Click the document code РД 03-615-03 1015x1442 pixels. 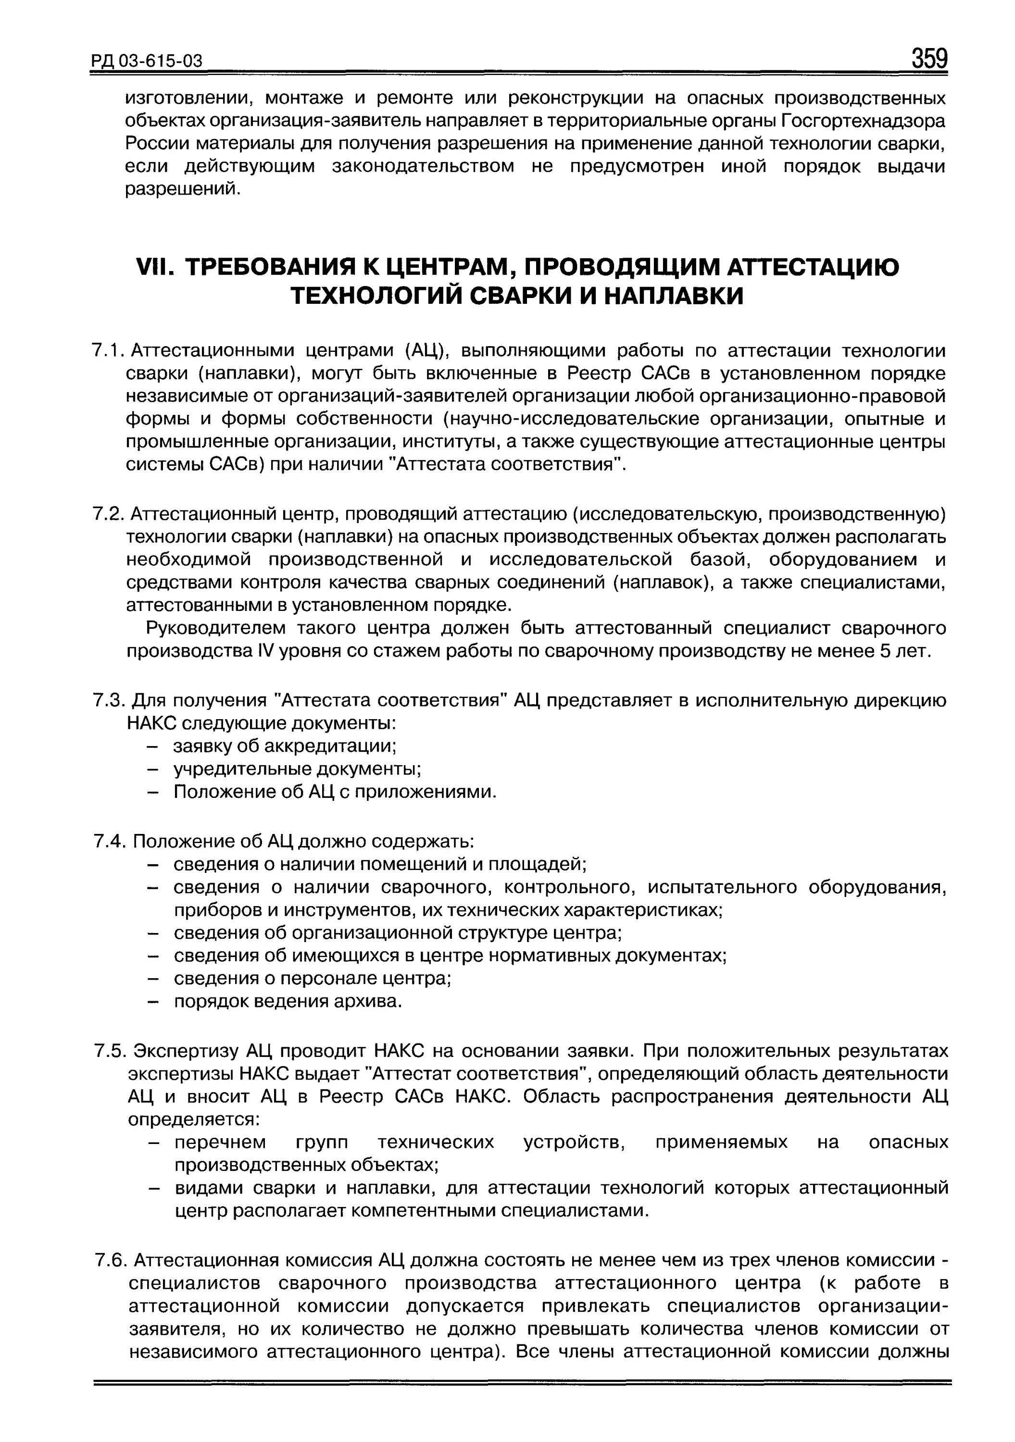tap(148, 61)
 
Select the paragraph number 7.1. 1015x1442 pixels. tap(109, 350)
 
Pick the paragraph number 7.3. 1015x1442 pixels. tap(109, 700)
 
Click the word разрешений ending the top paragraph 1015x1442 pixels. tap(183, 189)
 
